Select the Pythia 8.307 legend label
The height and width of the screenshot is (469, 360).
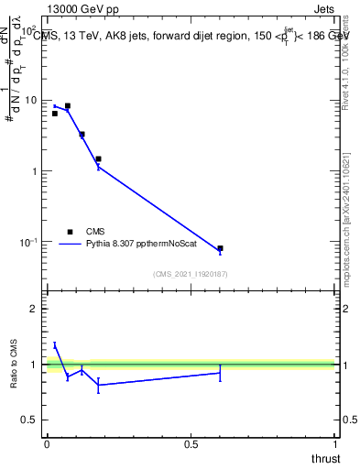(147, 245)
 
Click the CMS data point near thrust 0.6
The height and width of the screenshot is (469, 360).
(220, 248)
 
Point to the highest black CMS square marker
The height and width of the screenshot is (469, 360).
(67, 106)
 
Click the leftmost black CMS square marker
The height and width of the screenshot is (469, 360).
(55, 114)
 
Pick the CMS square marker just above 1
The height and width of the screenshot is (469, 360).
(98, 158)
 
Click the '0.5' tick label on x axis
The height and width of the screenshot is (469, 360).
(191, 444)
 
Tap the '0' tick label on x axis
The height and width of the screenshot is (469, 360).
(46, 444)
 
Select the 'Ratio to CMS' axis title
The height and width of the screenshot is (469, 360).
(14, 365)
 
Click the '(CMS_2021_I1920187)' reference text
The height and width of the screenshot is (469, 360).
(190, 274)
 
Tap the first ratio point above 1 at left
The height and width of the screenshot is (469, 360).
(55, 345)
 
